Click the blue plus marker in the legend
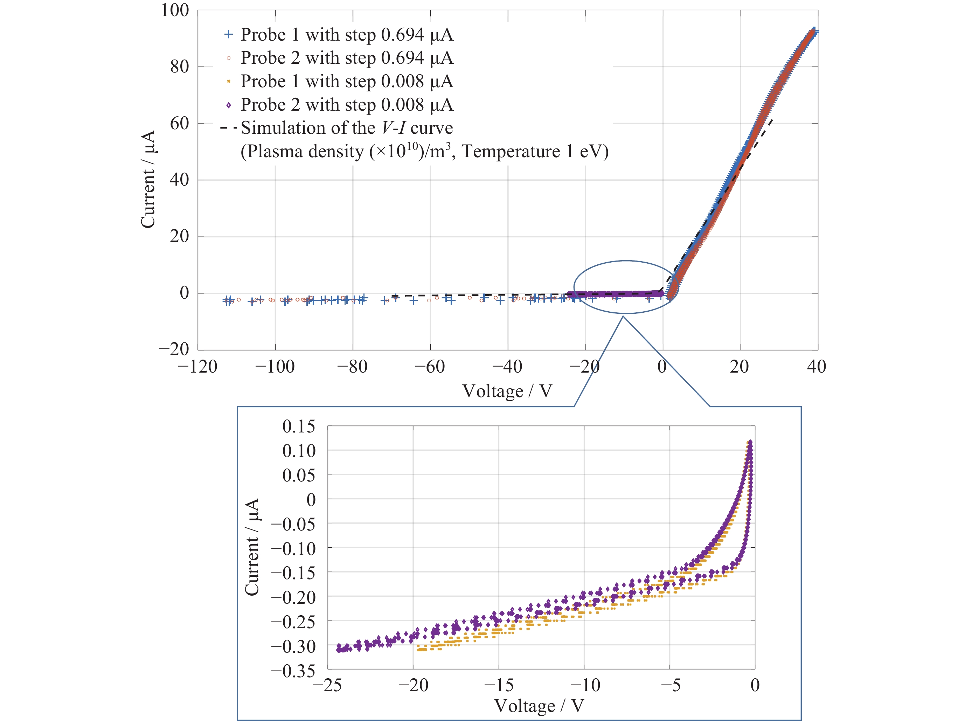pyautogui.click(x=228, y=34)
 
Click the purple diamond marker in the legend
pyautogui.click(x=228, y=105)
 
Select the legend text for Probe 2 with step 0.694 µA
pyautogui.click(x=347, y=58)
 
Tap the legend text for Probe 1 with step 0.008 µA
pyautogui.click(x=347, y=82)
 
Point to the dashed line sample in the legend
pyautogui.click(x=228, y=128)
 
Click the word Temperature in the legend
pyautogui.click(x=511, y=152)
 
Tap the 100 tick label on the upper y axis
pyautogui.click(x=175, y=11)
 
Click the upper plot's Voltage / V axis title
pyautogui.click(x=507, y=391)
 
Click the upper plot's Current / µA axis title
pyautogui.click(x=148, y=179)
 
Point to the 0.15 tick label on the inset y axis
pyautogui.click(x=298, y=427)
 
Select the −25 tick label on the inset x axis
pyautogui.click(x=327, y=685)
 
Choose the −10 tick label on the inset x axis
pyautogui.click(x=585, y=685)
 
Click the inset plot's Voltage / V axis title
pyautogui.click(x=539, y=706)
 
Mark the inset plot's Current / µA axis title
pyautogui.click(x=252, y=547)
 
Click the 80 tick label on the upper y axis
pyautogui.click(x=179, y=67)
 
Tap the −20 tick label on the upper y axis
pyautogui.click(x=174, y=349)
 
